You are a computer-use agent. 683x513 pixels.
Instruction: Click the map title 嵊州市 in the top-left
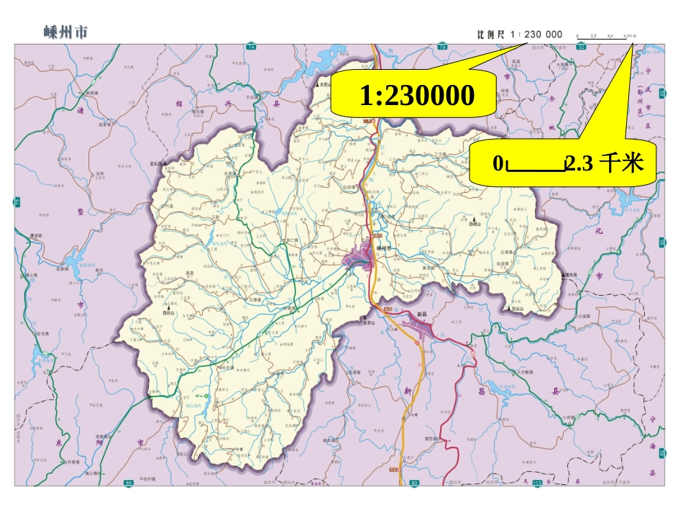pyautogui.click(x=65, y=32)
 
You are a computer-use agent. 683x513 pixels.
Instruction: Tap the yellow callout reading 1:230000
pyautogui.click(x=418, y=95)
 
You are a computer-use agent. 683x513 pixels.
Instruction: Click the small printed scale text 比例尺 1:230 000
pyautogui.click(x=520, y=34)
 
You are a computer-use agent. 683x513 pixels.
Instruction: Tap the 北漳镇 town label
pyautogui.click(x=508, y=253)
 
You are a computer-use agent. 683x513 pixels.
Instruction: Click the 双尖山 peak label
pyautogui.click(x=517, y=308)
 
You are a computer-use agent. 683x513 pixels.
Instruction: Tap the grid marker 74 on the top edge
pyautogui.click(x=251, y=47)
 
